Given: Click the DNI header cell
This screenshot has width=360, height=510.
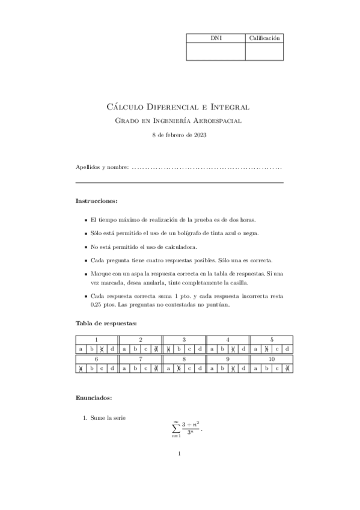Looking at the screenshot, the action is [x=216, y=38].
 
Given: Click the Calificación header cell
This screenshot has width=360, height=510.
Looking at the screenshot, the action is [x=264, y=38].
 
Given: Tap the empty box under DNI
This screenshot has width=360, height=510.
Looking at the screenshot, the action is [x=216, y=51].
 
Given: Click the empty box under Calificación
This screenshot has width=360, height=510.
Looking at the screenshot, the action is [x=264, y=51].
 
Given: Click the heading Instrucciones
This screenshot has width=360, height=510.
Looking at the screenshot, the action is [x=96, y=200].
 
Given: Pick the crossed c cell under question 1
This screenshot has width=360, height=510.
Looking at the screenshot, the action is [x=102, y=349].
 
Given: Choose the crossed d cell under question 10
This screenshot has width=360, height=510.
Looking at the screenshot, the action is [x=287, y=368].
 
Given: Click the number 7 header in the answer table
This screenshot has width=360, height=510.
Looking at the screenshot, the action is [x=140, y=358].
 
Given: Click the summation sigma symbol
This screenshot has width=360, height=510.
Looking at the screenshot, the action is [x=175, y=428].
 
